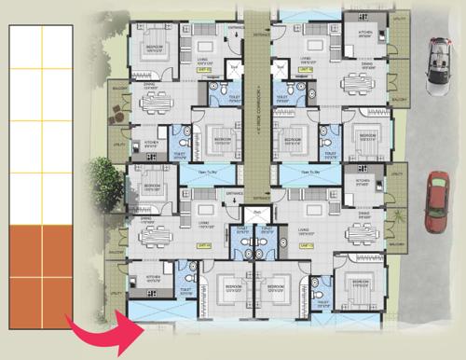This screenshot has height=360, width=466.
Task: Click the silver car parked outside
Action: click(437, 66)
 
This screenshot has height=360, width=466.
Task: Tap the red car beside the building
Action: click(436, 202)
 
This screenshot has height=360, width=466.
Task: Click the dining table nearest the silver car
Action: click(359, 83)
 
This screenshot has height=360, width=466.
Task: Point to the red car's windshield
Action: click(436, 192)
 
